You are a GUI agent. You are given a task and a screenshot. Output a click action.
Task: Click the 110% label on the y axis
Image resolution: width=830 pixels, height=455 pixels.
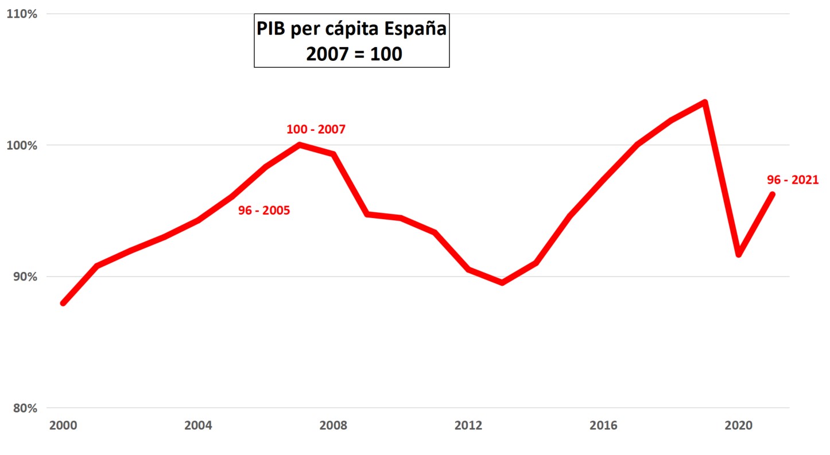click(21, 14)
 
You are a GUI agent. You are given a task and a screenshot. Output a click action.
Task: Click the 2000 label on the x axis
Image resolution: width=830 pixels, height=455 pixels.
click(63, 426)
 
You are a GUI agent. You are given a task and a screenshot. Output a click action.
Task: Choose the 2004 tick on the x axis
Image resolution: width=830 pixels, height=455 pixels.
click(198, 426)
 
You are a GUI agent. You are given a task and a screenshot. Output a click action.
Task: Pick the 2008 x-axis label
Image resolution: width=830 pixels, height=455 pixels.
click(333, 426)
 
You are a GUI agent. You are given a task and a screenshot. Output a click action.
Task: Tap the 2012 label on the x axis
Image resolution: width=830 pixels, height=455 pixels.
click(468, 426)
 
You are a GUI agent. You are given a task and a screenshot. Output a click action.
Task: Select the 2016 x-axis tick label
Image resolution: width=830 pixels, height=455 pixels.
click(603, 426)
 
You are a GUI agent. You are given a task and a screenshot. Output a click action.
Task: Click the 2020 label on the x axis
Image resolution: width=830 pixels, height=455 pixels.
click(739, 426)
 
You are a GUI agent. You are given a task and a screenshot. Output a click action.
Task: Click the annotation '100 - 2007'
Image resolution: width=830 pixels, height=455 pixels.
click(316, 129)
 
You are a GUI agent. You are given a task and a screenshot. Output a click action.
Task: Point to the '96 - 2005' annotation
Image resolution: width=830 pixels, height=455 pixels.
click(264, 211)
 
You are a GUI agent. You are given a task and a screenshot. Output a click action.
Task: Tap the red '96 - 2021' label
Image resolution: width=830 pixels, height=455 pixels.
click(793, 180)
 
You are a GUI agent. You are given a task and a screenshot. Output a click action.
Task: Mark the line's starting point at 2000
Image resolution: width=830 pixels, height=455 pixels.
click(63, 302)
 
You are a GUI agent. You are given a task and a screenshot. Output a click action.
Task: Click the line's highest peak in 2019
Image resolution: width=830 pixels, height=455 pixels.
click(705, 103)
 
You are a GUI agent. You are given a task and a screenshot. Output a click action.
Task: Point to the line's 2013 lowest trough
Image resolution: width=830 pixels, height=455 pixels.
click(502, 282)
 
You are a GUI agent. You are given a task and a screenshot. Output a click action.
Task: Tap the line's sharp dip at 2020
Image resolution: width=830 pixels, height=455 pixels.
click(739, 254)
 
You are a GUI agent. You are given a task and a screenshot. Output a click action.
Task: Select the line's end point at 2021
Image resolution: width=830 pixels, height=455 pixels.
click(772, 195)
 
